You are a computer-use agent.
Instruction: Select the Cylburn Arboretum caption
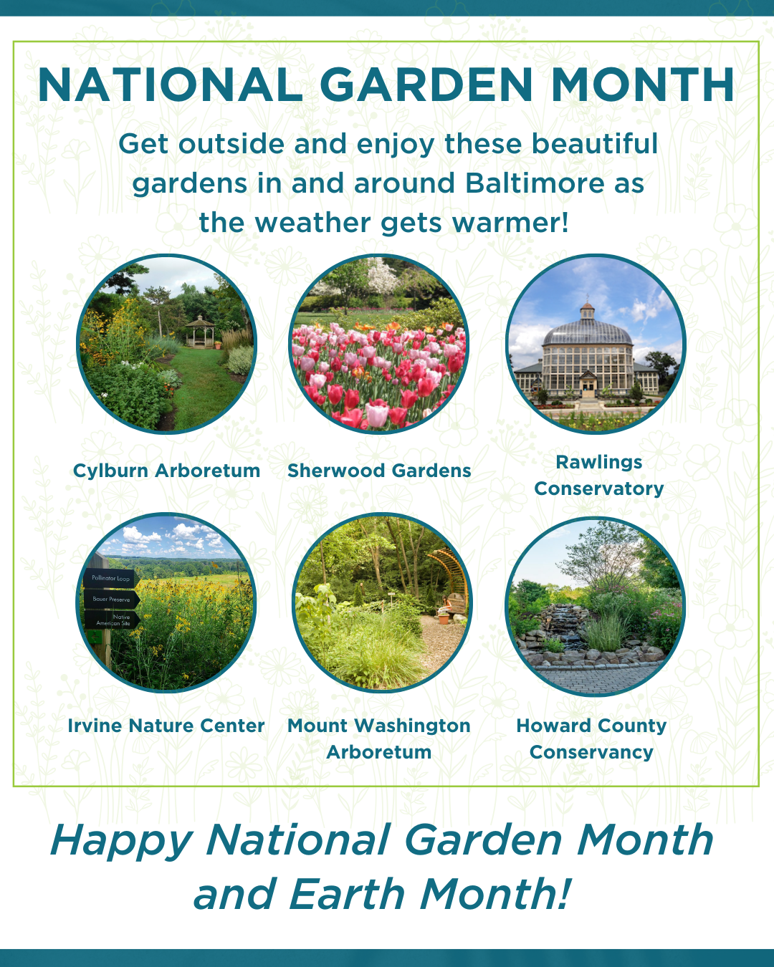coord(166,471)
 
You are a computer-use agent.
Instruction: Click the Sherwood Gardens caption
coord(379,471)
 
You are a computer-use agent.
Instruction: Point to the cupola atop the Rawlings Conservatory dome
coord(588,311)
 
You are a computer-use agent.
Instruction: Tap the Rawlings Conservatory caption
coord(599,476)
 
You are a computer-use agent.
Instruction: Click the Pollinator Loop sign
coord(110,578)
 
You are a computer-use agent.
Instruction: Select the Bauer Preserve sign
coord(111,599)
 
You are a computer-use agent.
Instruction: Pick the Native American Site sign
coord(113,620)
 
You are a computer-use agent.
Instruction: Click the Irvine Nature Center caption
coord(166,726)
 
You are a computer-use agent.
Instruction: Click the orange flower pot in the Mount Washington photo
coord(444,618)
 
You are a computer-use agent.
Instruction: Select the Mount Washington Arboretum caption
coord(379,739)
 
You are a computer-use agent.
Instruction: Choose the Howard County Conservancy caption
coord(591,739)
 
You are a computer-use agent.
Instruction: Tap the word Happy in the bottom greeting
coord(122,840)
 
